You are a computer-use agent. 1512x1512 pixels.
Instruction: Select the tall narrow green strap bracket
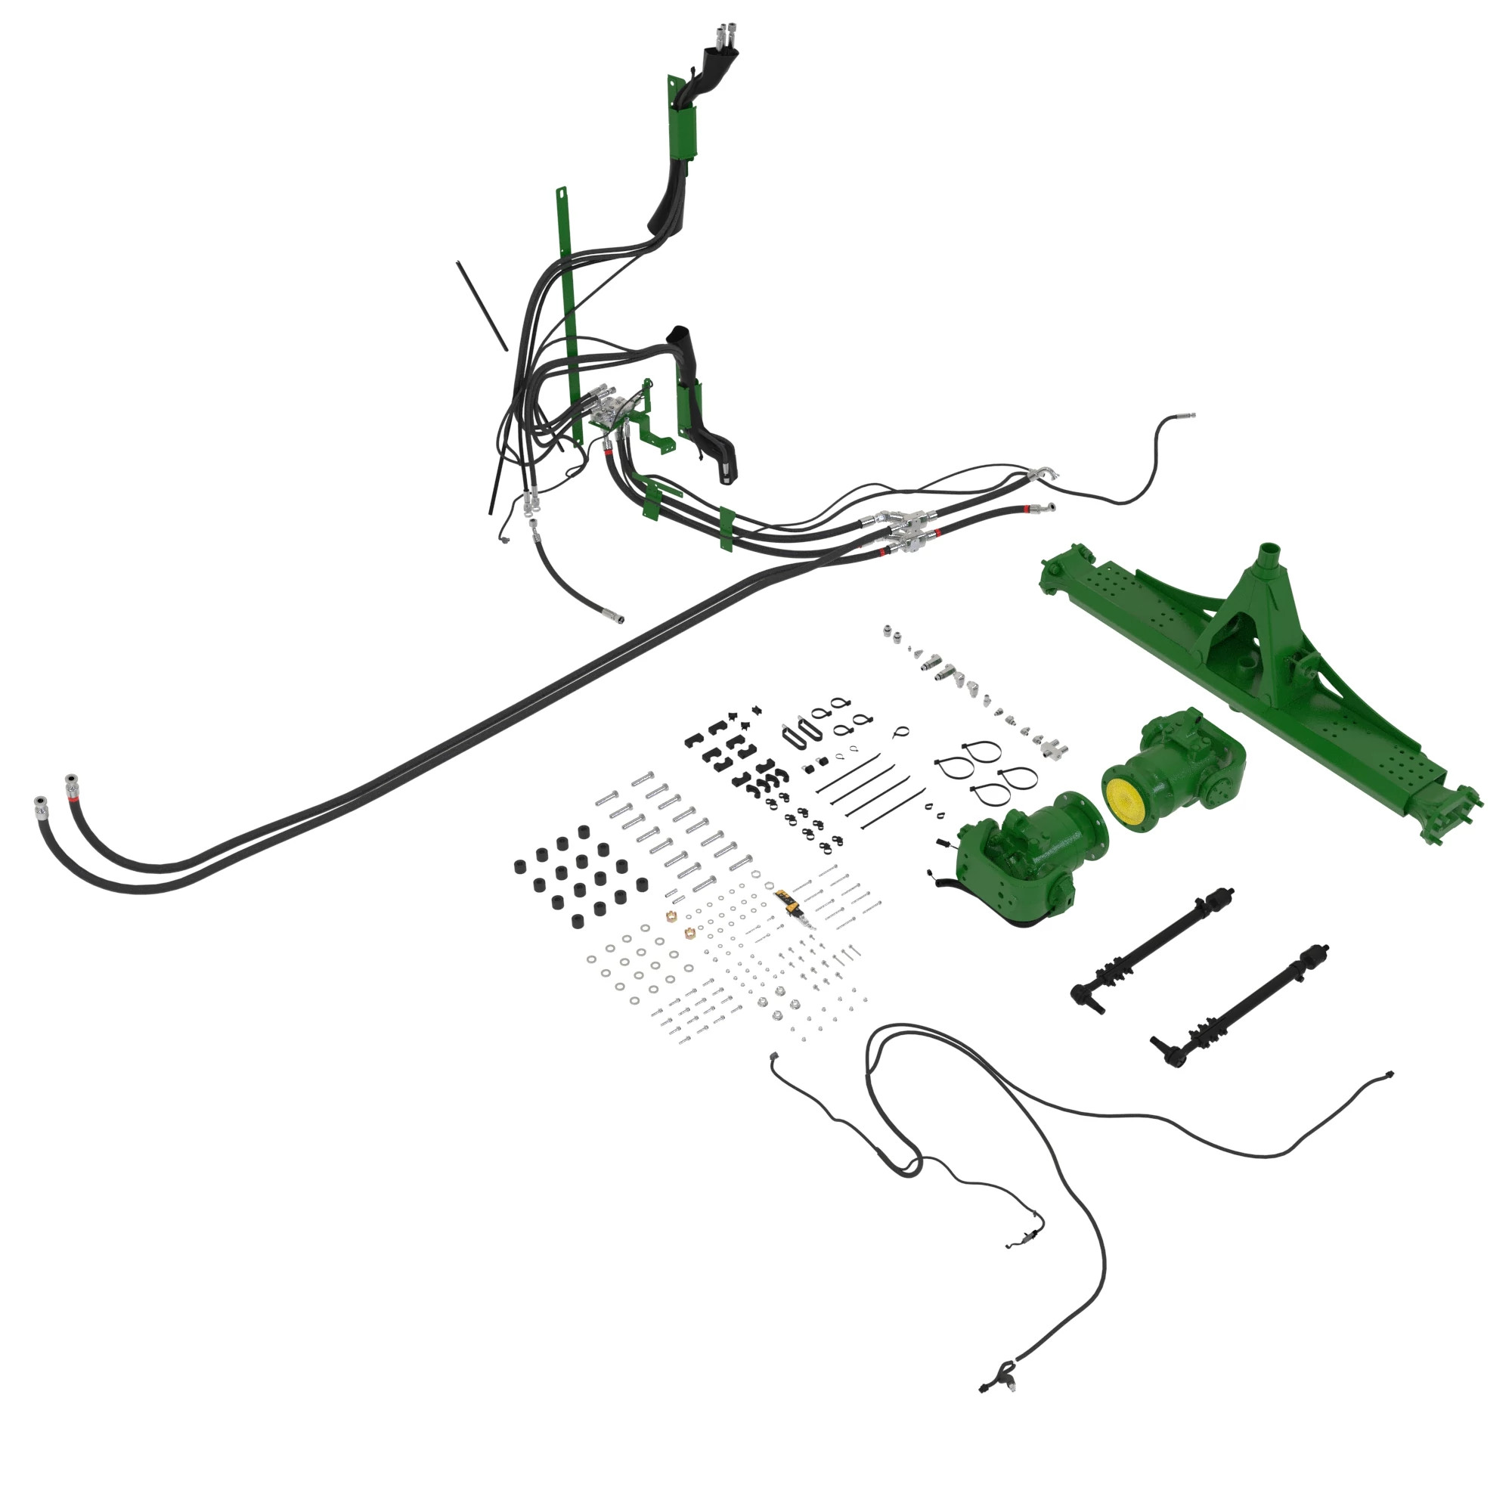(x=569, y=313)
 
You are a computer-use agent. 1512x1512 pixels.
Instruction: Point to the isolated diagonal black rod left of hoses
(x=482, y=305)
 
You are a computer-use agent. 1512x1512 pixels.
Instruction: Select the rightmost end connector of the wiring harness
(x=1389, y=1074)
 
